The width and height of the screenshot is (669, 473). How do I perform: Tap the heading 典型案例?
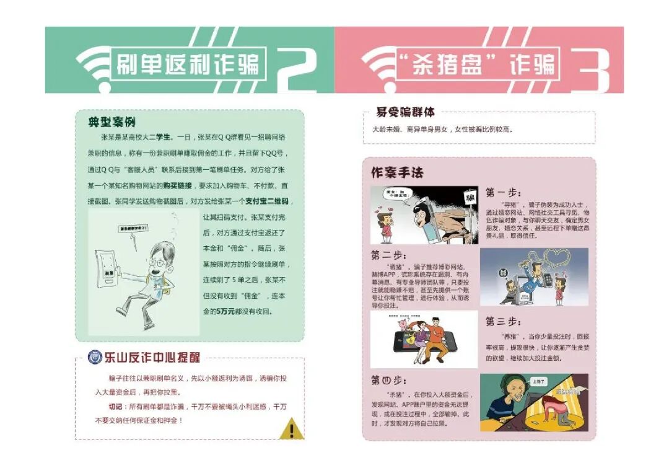(x=111, y=122)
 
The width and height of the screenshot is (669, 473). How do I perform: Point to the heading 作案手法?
(x=396, y=172)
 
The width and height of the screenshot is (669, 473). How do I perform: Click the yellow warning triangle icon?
(x=292, y=428)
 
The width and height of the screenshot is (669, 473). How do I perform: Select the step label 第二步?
(x=388, y=255)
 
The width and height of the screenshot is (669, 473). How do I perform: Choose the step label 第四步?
(x=388, y=380)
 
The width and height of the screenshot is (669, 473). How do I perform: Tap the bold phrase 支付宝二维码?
(x=267, y=201)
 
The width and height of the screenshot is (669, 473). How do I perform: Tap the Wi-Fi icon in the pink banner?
(x=378, y=64)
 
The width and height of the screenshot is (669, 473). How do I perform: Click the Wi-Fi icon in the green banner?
(x=94, y=64)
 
